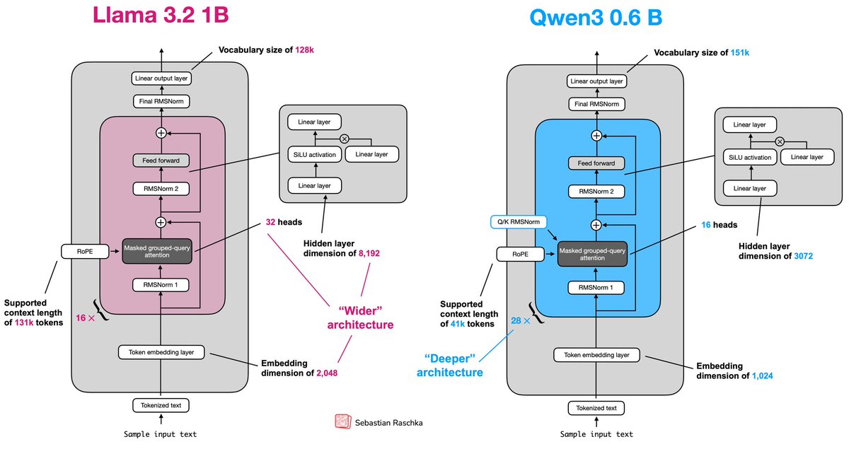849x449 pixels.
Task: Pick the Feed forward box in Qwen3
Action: click(596, 164)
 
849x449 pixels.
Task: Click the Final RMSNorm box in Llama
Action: click(161, 102)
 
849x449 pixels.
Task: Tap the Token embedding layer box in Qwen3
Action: click(596, 355)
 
